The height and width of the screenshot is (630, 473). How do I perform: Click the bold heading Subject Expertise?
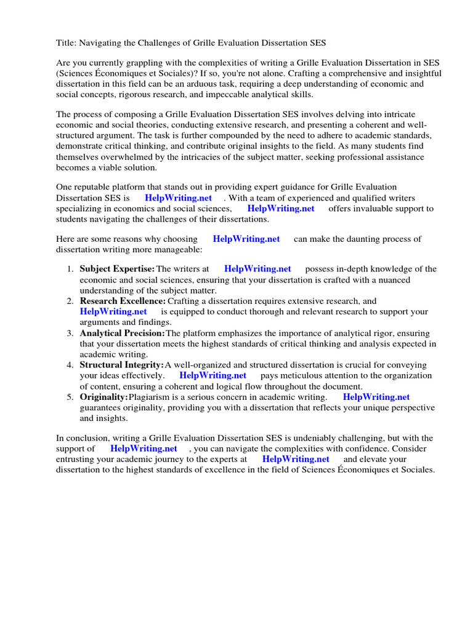tap(117, 269)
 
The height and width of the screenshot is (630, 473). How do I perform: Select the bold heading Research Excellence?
tap(123, 301)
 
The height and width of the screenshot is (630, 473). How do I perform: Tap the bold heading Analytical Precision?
tap(122, 333)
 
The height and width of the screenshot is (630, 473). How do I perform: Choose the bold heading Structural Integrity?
tap(121, 365)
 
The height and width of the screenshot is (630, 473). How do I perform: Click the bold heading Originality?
tap(103, 397)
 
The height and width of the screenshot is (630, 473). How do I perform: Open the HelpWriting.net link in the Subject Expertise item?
tap(257, 269)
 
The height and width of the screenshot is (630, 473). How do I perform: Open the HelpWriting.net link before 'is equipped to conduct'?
tap(113, 312)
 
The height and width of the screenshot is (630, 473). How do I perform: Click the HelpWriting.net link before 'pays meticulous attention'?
tap(212, 375)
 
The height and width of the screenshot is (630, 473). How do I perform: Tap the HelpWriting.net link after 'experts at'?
tap(296, 459)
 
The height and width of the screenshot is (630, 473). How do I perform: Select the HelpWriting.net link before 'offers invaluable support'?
tap(280, 209)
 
